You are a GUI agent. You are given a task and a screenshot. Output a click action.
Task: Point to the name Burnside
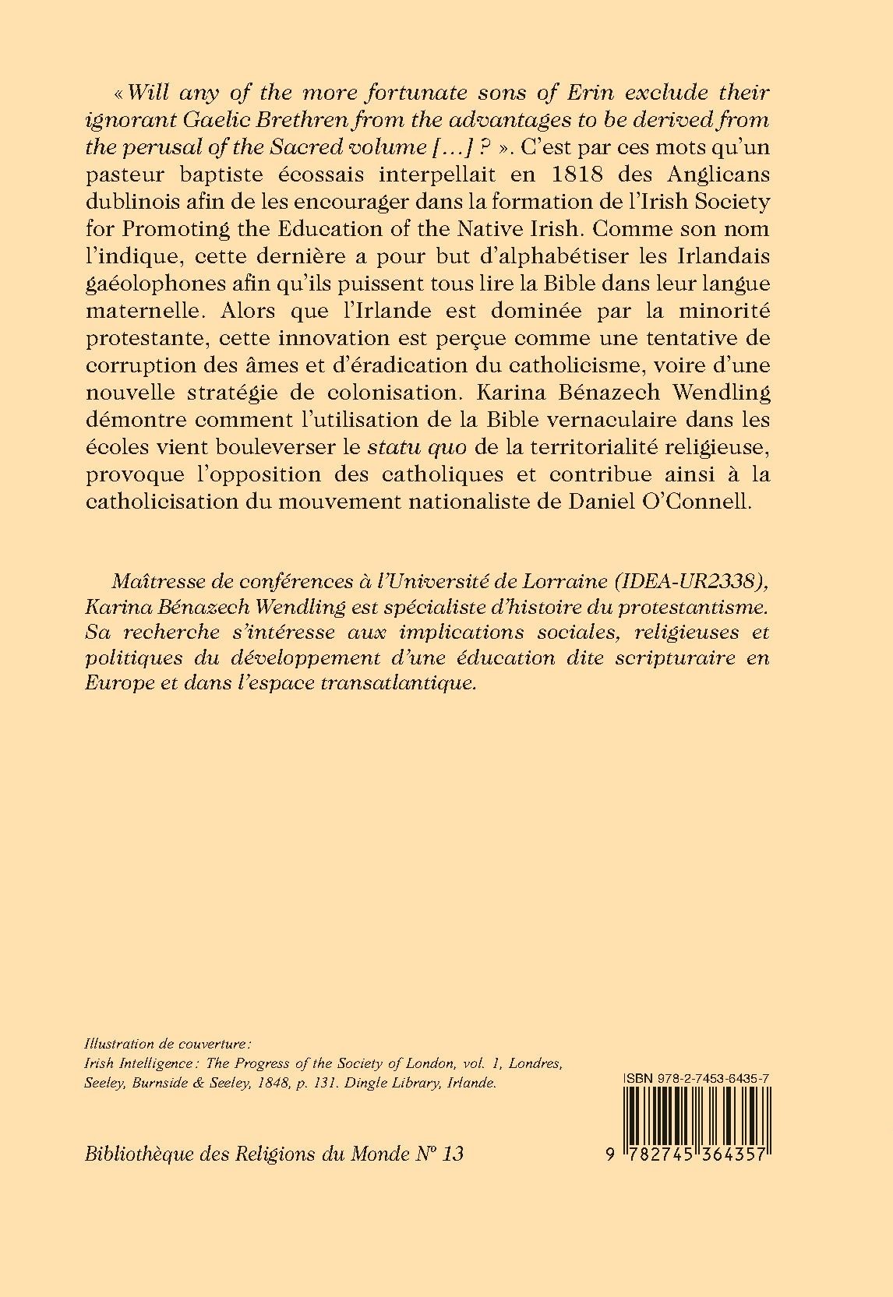coord(161,1084)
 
